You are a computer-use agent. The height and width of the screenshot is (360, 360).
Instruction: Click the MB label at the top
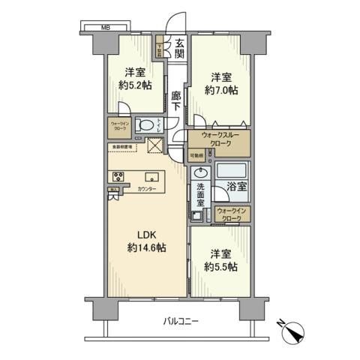107,28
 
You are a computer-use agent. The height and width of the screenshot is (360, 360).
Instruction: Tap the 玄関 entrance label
180,49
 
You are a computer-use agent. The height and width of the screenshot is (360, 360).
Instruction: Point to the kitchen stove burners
118,177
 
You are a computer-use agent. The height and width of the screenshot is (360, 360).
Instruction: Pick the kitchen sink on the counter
151,178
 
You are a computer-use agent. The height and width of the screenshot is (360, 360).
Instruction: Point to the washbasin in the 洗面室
199,172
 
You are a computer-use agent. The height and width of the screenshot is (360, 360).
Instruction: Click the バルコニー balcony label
182,321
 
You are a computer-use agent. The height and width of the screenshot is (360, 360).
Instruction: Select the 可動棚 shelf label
196,155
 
